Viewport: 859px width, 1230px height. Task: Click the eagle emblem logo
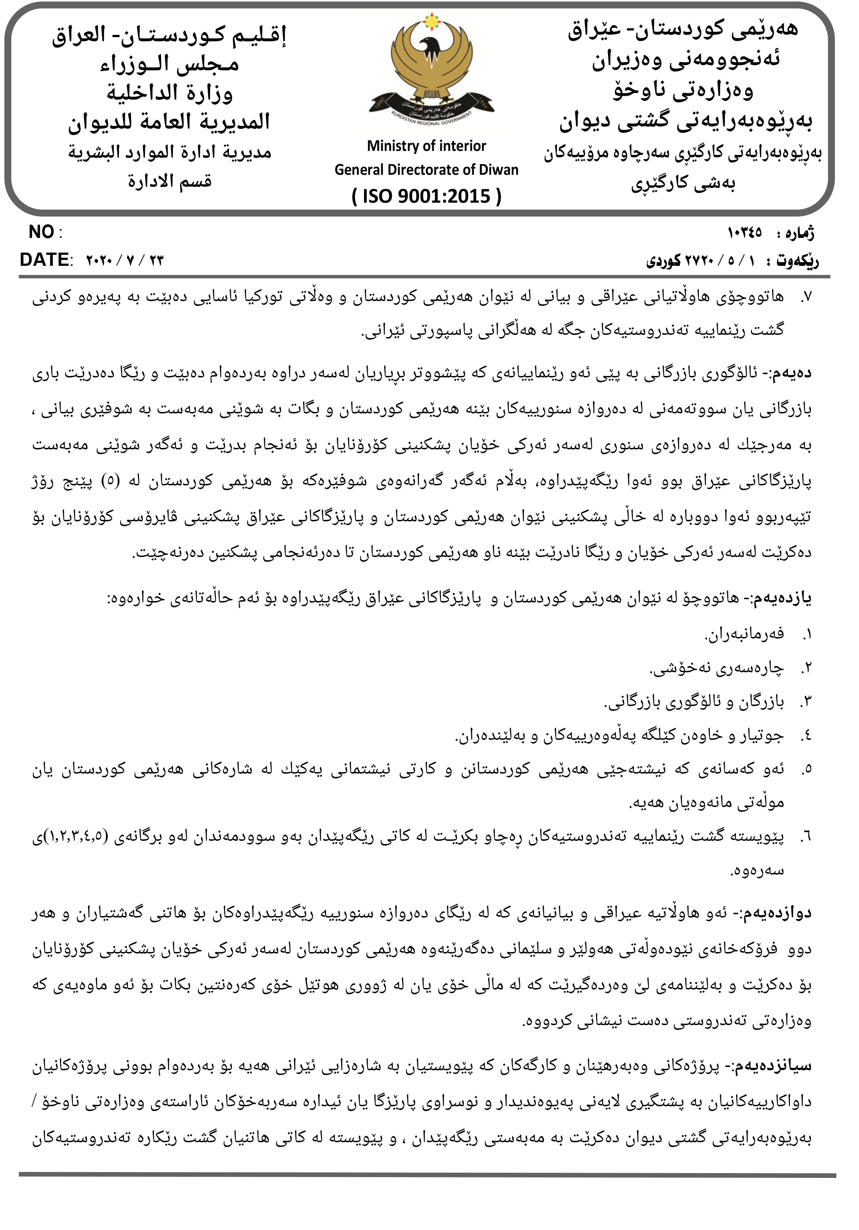431,70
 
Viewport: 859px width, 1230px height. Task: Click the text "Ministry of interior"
426,146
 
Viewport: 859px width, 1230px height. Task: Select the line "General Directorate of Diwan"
426,170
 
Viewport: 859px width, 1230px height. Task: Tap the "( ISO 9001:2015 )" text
426,196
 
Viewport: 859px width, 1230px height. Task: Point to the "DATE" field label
44,260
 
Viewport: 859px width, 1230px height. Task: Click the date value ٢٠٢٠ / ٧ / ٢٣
124,261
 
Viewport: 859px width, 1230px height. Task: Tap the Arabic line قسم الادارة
169,181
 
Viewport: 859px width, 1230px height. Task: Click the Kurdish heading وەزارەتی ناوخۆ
683,90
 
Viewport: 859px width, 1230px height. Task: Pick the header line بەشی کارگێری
683,184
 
